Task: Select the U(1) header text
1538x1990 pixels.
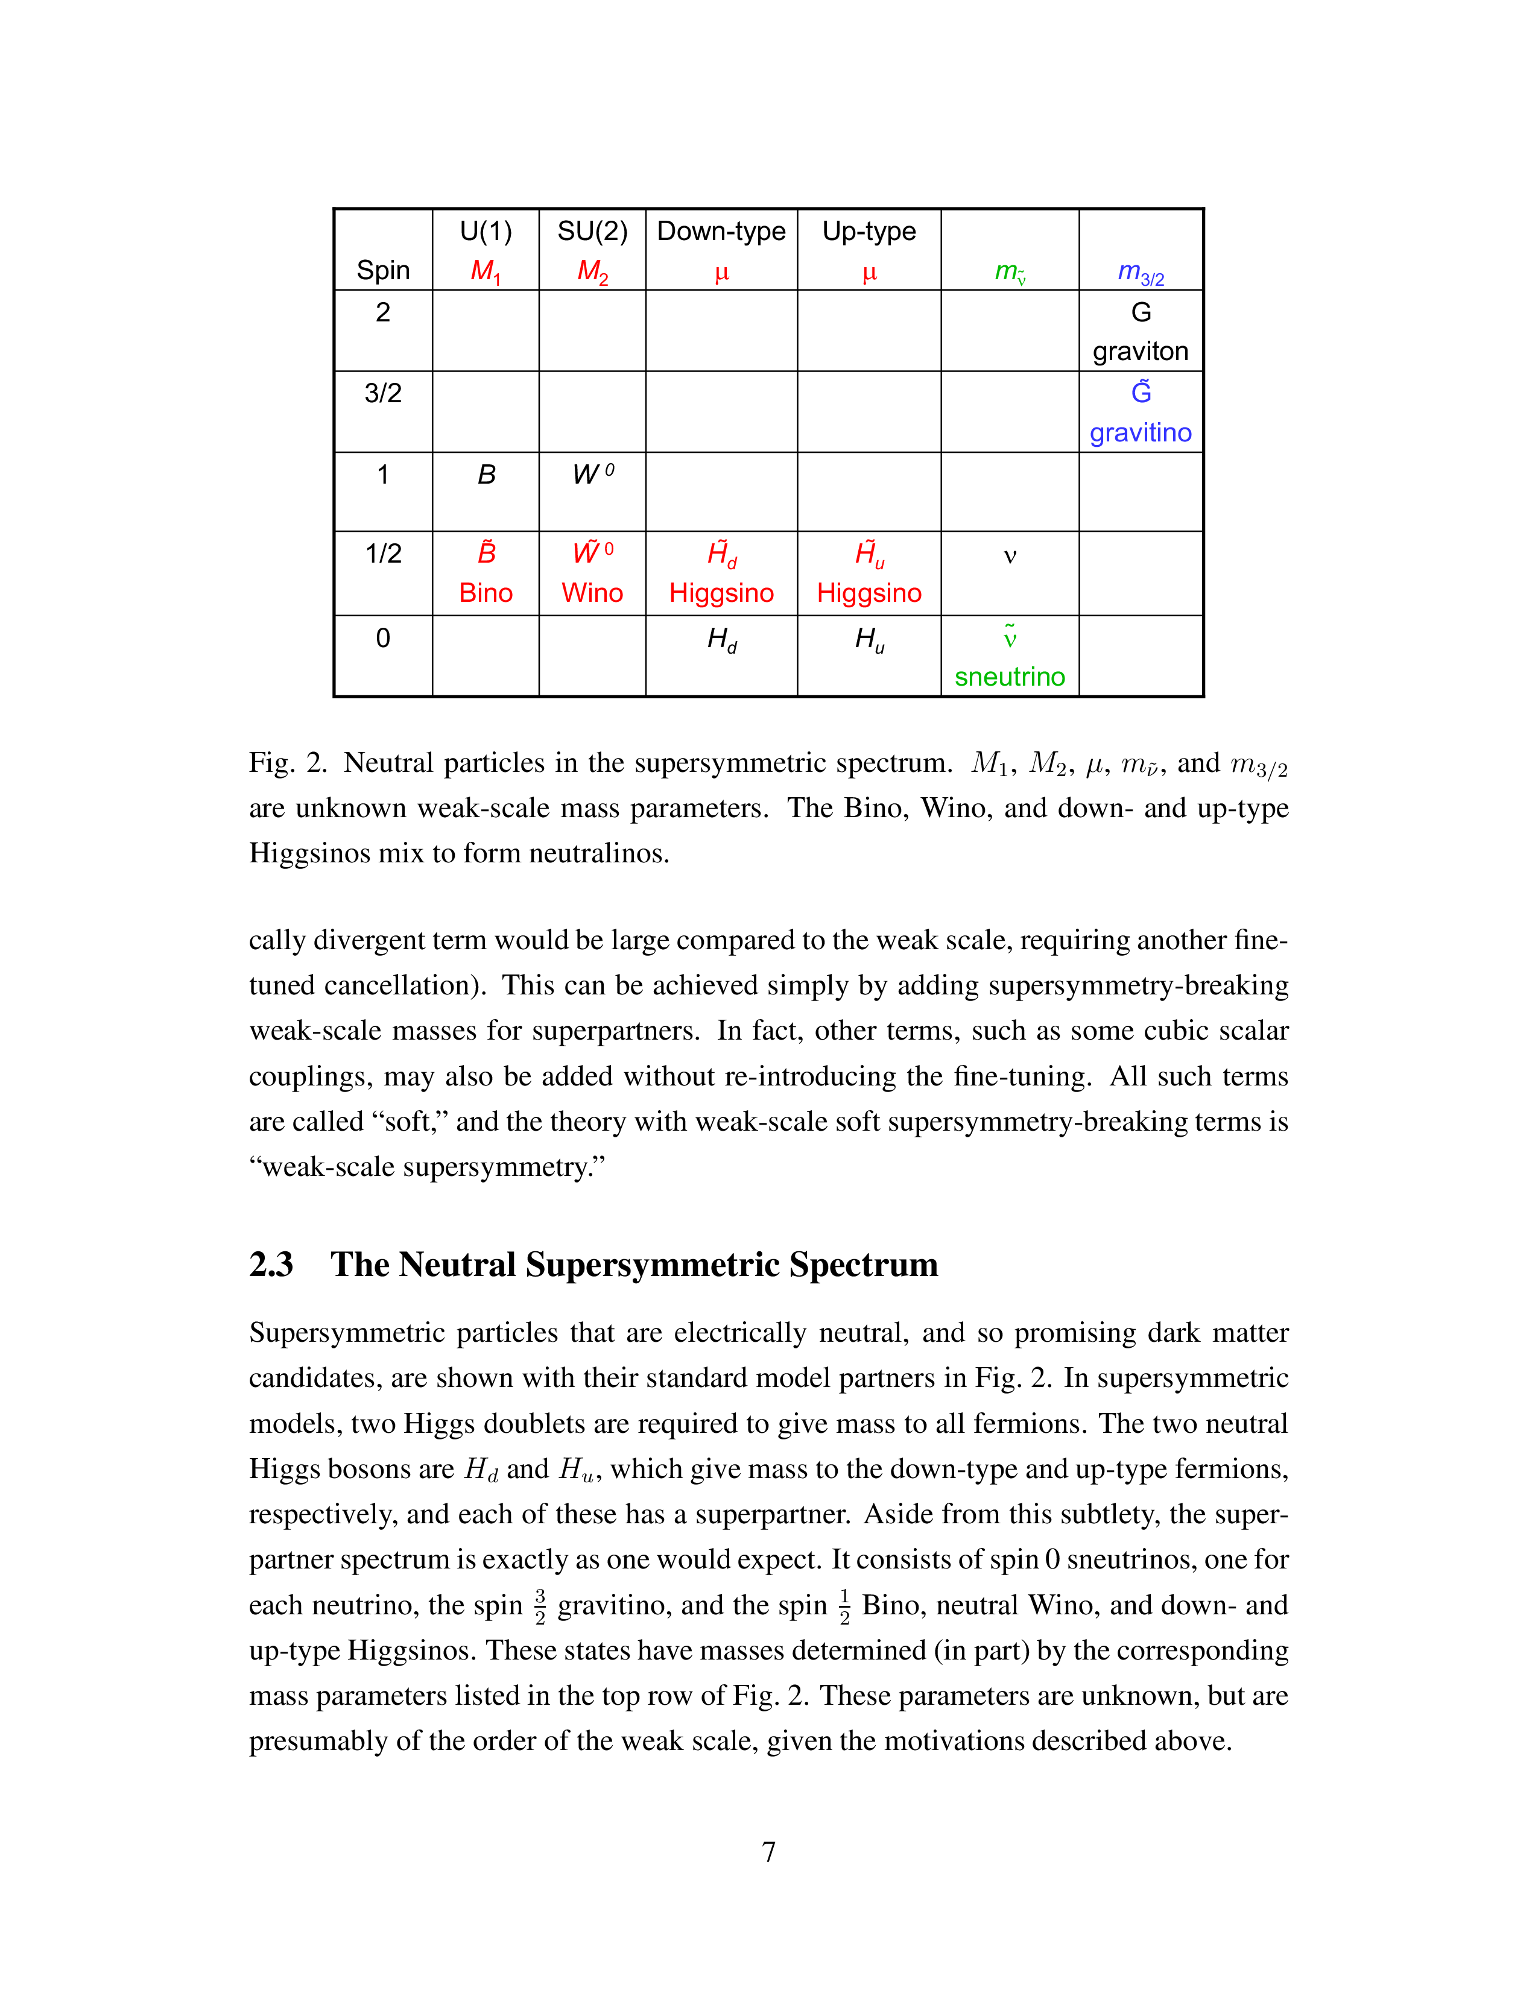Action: click(486, 232)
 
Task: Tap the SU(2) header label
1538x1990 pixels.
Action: click(592, 232)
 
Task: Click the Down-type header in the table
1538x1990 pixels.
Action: click(721, 232)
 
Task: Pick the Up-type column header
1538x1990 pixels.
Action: click(869, 232)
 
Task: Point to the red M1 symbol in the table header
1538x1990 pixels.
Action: click(485, 271)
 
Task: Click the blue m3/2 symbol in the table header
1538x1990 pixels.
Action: click(1140, 271)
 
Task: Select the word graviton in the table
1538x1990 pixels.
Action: click(1140, 351)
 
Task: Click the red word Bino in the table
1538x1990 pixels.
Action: click(486, 593)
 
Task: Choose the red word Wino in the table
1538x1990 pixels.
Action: click(592, 593)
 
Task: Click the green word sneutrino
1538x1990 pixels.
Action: click(1010, 677)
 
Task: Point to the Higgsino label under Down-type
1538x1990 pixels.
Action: click(721, 593)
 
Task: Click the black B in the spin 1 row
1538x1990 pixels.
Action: click(487, 475)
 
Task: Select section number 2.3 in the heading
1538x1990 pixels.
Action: click(271, 1265)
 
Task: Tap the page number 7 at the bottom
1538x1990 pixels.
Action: click(768, 1851)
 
